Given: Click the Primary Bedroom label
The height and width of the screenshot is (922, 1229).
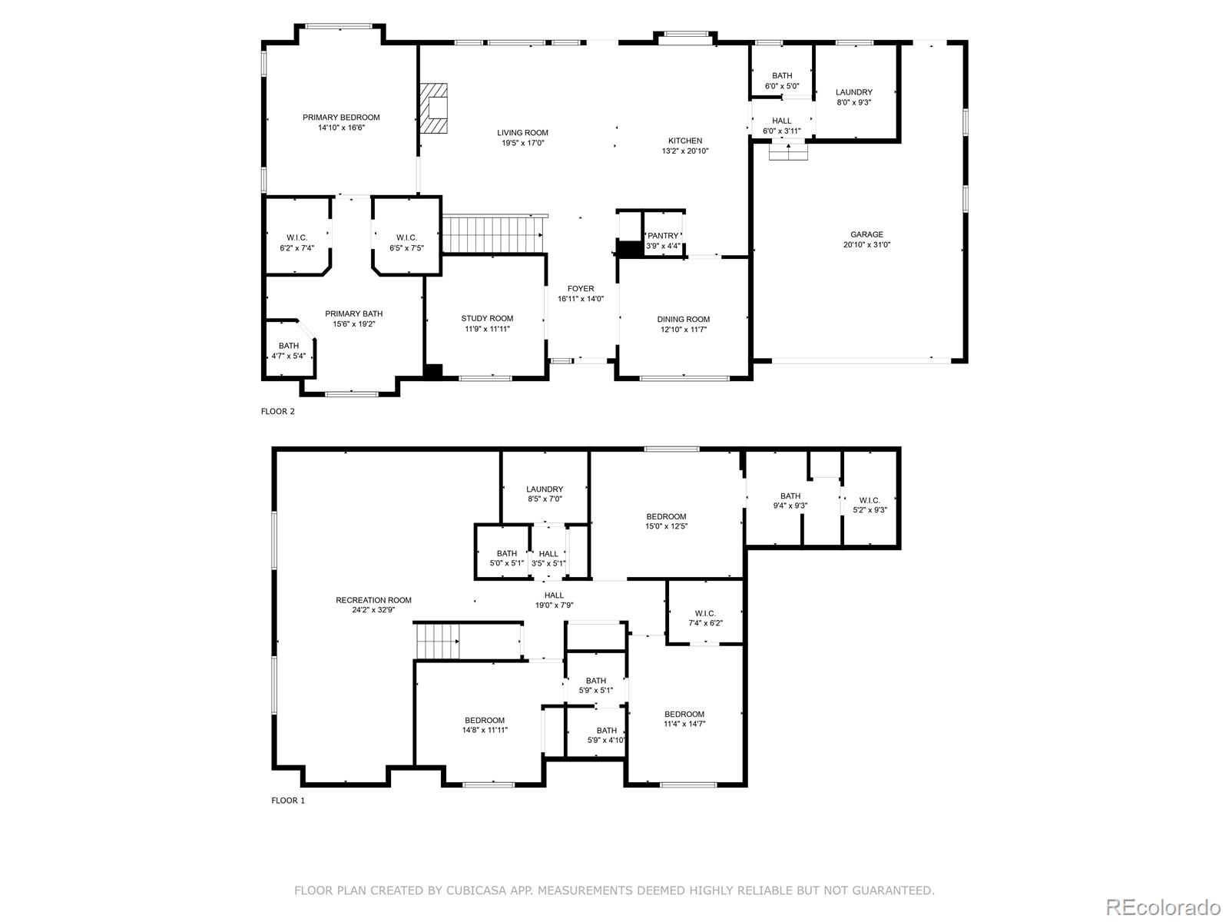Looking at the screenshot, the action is pyautogui.click(x=341, y=118).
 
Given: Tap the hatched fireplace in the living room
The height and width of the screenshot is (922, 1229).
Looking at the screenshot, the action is pyautogui.click(x=434, y=108).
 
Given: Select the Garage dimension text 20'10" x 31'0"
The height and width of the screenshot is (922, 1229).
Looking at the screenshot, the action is pyautogui.click(x=866, y=244).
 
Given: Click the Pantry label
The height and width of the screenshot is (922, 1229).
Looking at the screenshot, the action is pyautogui.click(x=663, y=236).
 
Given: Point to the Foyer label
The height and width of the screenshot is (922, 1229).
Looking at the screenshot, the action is pyautogui.click(x=581, y=289).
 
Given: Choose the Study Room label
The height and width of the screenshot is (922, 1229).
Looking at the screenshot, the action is pyautogui.click(x=487, y=319).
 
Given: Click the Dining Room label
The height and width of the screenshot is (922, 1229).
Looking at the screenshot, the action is pyautogui.click(x=684, y=320).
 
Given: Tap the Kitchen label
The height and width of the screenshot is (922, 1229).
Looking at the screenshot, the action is pyautogui.click(x=685, y=141).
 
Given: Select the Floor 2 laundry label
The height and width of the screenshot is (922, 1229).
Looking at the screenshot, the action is pyautogui.click(x=854, y=92).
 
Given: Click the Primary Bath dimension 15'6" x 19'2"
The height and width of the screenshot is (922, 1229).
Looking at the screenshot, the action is pyautogui.click(x=354, y=324).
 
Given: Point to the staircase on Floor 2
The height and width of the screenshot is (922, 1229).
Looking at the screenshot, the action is pyautogui.click(x=492, y=235).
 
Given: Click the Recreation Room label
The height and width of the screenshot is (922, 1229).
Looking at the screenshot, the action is pyautogui.click(x=373, y=600).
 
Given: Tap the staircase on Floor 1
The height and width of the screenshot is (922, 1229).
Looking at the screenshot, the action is pyautogui.click(x=437, y=641).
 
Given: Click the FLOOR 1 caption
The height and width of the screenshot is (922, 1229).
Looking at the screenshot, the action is pyautogui.click(x=288, y=801).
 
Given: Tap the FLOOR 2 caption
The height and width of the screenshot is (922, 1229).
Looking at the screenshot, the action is pyautogui.click(x=278, y=412).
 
